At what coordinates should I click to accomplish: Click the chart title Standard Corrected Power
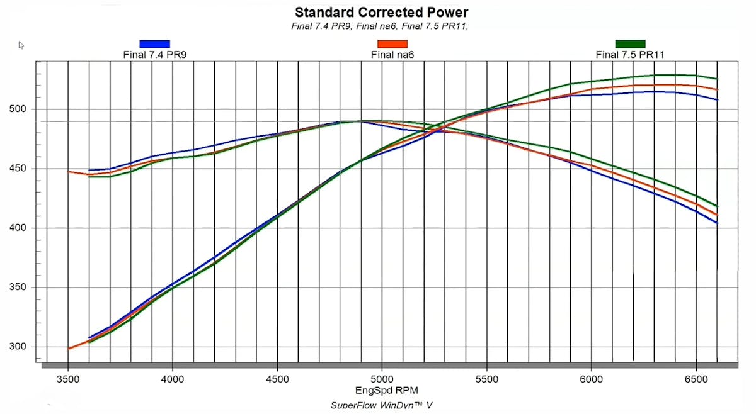pos(382,12)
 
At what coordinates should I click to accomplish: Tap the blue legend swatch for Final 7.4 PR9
pos(155,43)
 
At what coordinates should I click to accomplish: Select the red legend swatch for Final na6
pos(392,43)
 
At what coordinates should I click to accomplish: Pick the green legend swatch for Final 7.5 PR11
pos(630,43)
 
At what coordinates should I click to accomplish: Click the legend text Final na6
pos(392,55)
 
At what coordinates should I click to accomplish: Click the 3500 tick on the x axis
pos(68,379)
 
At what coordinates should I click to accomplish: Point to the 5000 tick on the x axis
pos(382,379)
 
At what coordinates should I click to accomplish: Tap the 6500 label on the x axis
pos(696,379)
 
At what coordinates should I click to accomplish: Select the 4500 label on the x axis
pos(277,379)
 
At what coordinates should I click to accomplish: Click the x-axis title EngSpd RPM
pos(382,391)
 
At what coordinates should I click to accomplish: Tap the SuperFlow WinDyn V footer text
pos(382,405)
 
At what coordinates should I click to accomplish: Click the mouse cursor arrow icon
pos(21,45)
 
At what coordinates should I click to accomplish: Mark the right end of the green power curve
pos(717,79)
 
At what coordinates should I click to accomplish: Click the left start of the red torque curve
pos(69,171)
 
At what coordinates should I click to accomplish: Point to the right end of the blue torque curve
pos(717,223)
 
